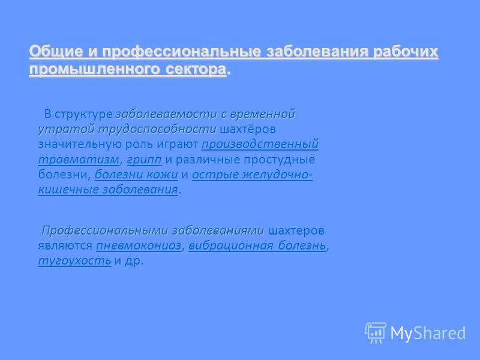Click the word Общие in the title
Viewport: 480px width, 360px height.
[56, 51]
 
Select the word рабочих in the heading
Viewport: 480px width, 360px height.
[406, 51]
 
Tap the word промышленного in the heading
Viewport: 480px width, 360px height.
[94, 69]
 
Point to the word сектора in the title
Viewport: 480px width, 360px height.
[196, 69]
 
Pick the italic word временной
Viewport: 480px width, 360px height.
[262, 114]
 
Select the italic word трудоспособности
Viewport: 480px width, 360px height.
[157, 129]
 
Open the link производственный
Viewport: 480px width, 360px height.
[260, 144]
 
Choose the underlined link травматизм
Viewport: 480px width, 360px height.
[79, 160]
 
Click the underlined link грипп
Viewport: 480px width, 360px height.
[144, 160]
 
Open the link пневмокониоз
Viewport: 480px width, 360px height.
[139, 245]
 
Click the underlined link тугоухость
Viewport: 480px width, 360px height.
[74, 261]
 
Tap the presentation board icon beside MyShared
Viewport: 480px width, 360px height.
[376, 332]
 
